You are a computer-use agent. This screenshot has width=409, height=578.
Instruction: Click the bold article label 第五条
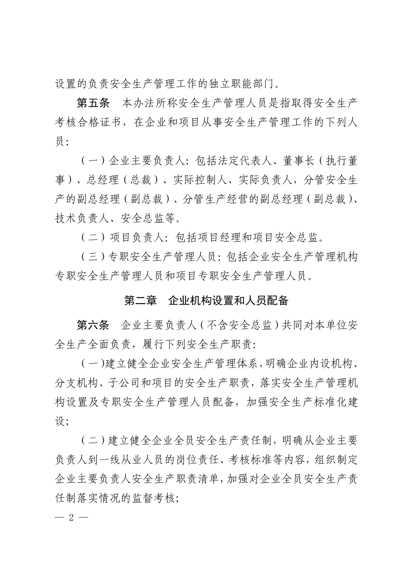click(x=93, y=103)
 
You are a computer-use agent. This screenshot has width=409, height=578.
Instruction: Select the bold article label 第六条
click(x=93, y=325)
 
